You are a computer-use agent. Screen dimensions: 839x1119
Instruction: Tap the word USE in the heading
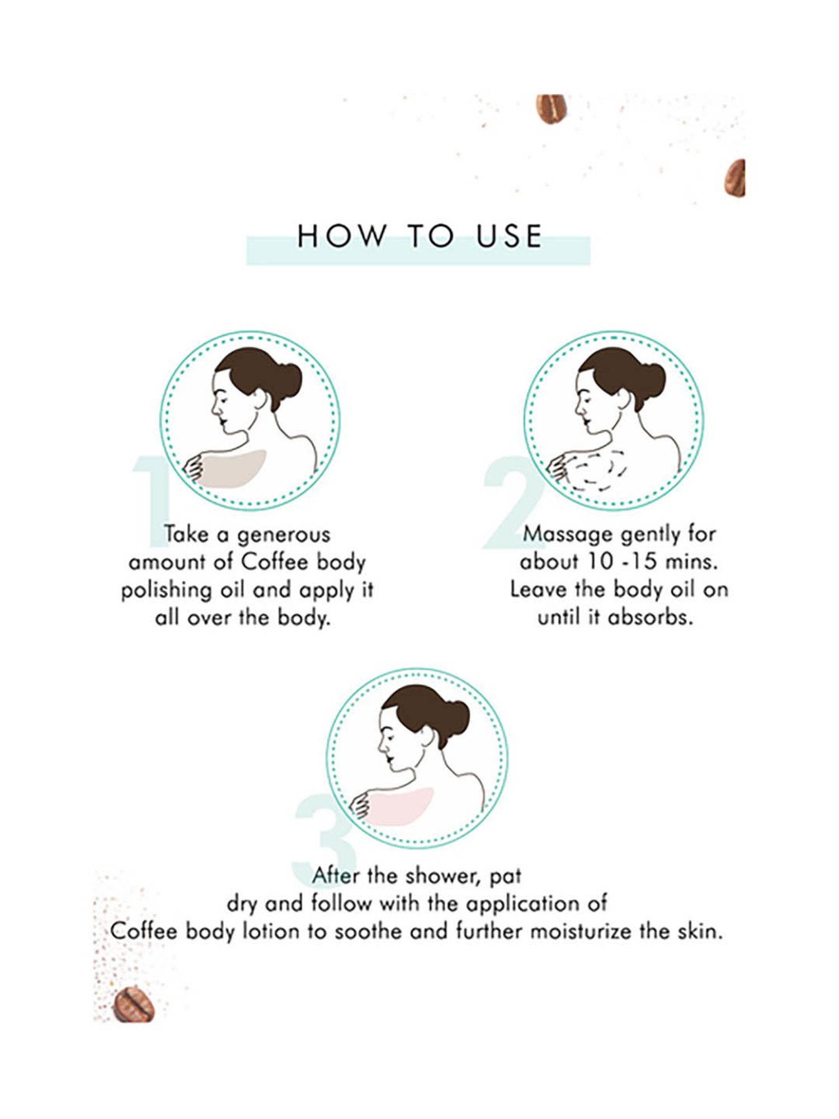point(509,236)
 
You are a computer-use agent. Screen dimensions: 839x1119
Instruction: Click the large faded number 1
point(152,500)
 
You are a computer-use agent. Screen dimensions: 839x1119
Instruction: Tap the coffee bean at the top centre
point(552,108)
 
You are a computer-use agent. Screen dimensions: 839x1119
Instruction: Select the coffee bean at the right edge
point(736,178)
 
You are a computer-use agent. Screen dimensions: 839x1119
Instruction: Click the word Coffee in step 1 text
point(275,562)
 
